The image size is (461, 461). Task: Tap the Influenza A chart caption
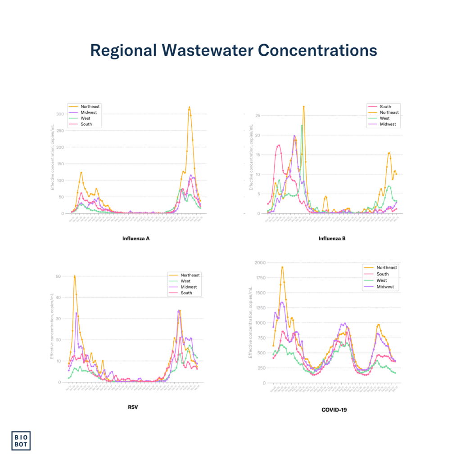136,238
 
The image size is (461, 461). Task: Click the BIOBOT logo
21,440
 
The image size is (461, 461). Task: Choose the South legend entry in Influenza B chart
385,107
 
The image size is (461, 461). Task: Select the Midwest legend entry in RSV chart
189,287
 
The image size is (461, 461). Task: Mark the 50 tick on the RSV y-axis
59,276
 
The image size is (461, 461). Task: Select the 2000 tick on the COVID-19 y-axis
259,262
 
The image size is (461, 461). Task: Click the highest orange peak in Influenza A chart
189,107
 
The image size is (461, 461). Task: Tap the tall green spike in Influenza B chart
302,125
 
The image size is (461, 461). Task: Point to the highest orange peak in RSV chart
75,276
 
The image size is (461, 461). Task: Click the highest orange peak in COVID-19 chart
282,267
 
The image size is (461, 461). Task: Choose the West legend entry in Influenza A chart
86,118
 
